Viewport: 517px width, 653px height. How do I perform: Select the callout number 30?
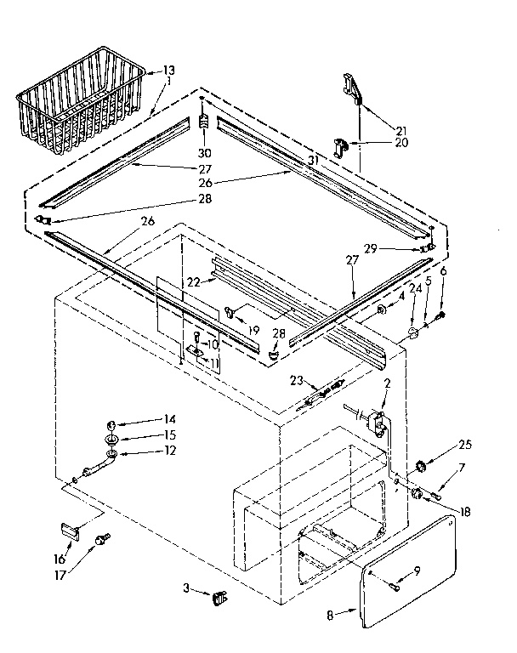click(203, 154)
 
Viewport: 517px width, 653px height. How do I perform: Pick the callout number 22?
click(193, 281)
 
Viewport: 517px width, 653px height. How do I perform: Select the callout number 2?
click(387, 383)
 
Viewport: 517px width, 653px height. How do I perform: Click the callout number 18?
click(463, 510)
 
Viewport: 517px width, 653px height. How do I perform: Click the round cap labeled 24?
click(412, 332)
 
